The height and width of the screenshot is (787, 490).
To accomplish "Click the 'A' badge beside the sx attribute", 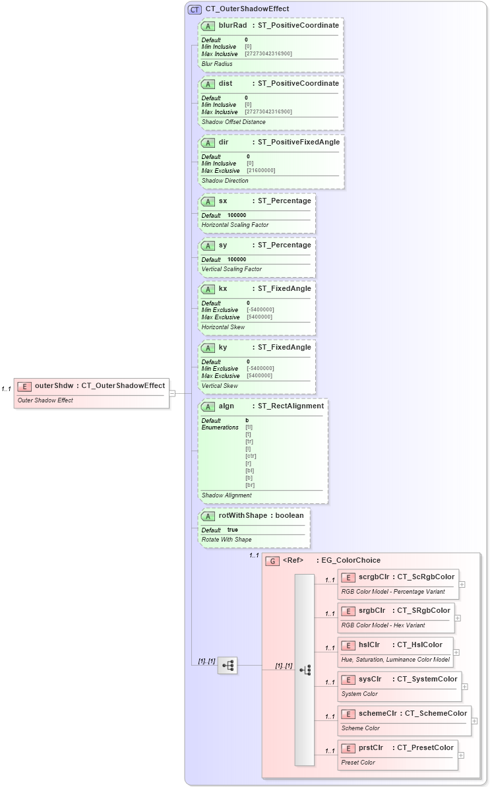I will [x=208, y=201].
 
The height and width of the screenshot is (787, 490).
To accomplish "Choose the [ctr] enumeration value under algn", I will [x=251, y=456].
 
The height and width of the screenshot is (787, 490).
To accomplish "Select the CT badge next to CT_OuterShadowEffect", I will [x=195, y=9].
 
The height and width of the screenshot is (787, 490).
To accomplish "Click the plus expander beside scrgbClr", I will [x=462, y=584].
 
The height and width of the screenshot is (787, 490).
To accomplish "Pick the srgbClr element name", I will [x=372, y=610].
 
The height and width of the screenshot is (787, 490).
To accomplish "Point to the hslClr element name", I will [x=369, y=645].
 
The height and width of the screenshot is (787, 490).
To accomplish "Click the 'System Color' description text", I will [x=359, y=694].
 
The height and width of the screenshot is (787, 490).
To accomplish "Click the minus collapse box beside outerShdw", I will [x=172, y=393].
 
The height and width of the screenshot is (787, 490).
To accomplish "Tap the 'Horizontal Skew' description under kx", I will [x=223, y=327].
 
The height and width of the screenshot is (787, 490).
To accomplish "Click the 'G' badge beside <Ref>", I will [x=272, y=561].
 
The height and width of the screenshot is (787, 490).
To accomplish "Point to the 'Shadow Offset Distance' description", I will [x=233, y=122].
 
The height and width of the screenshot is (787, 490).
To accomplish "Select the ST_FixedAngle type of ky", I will [x=284, y=347].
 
